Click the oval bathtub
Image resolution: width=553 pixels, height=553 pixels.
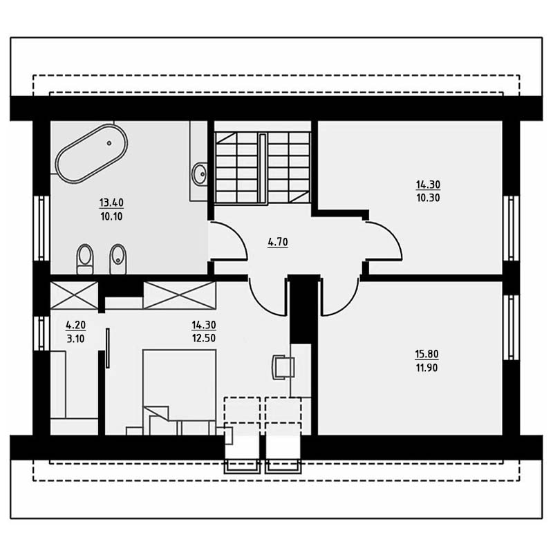tap(91, 153)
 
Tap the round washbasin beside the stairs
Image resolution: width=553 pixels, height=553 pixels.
tap(200, 174)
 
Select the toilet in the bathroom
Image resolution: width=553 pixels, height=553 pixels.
tap(84, 259)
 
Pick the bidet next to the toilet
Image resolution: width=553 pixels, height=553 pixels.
tap(118, 259)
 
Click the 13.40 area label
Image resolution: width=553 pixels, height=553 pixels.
tap(111, 203)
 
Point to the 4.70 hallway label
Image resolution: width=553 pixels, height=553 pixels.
tap(278, 242)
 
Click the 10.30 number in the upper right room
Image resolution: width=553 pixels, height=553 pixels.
tap(428, 198)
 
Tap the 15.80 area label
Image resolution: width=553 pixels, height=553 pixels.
tap(427, 354)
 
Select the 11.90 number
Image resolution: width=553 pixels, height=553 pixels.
tap(427, 368)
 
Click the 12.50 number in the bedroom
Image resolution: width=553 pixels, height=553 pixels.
tap(204, 338)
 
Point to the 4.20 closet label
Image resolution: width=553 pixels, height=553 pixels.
tap(76, 324)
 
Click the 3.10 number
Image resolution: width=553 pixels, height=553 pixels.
tap(76, 339)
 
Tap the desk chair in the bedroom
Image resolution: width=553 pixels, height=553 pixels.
tap(283, 367)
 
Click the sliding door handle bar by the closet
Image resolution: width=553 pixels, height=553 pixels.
tap(108, 348)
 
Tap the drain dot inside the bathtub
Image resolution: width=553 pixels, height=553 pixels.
tap(109, 143)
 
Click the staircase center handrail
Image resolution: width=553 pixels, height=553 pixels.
tap(262, 168)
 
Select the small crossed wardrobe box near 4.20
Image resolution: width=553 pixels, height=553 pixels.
tap(74, 296)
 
